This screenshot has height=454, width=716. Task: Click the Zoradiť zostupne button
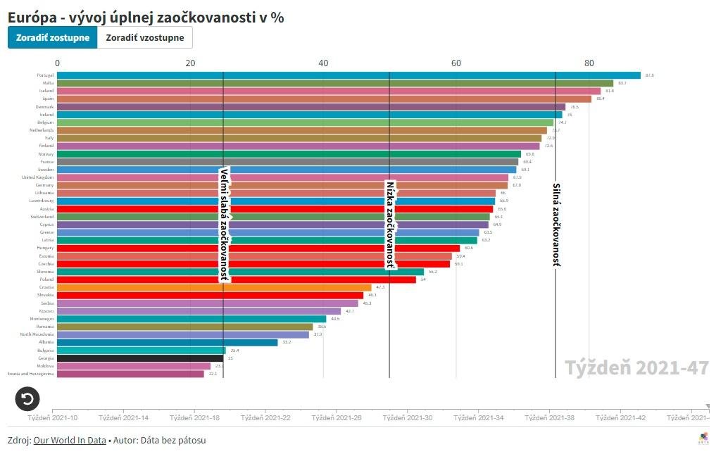(x=52, y=37)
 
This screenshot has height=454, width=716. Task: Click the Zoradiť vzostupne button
(x=145, y=37)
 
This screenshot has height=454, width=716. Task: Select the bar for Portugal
(x=348, y=75)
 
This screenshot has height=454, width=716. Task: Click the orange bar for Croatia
(x=214, y=287)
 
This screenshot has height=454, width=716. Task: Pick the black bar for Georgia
(x=140, y=358)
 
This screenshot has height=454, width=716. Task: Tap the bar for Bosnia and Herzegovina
(x=130, y=374)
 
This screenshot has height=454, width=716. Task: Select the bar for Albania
(x=167, y=342)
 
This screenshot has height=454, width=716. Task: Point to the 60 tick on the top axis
(x=456, y=63)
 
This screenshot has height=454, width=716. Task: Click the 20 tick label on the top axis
(x=190, y=63)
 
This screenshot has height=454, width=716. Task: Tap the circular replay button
(x=27, y=399)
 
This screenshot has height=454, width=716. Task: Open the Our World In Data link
(x=70, y=440)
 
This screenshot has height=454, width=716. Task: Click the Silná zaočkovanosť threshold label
(x=556, y=225)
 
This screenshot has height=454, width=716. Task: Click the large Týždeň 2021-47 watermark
(x=636, y=367)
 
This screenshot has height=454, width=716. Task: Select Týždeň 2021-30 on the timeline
(x=408, y=417)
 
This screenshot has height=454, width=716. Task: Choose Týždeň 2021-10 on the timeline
(x=53, y=417)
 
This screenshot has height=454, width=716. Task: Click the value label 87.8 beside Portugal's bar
(x=649, y=75)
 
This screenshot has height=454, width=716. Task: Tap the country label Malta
(x=49, y=83)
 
